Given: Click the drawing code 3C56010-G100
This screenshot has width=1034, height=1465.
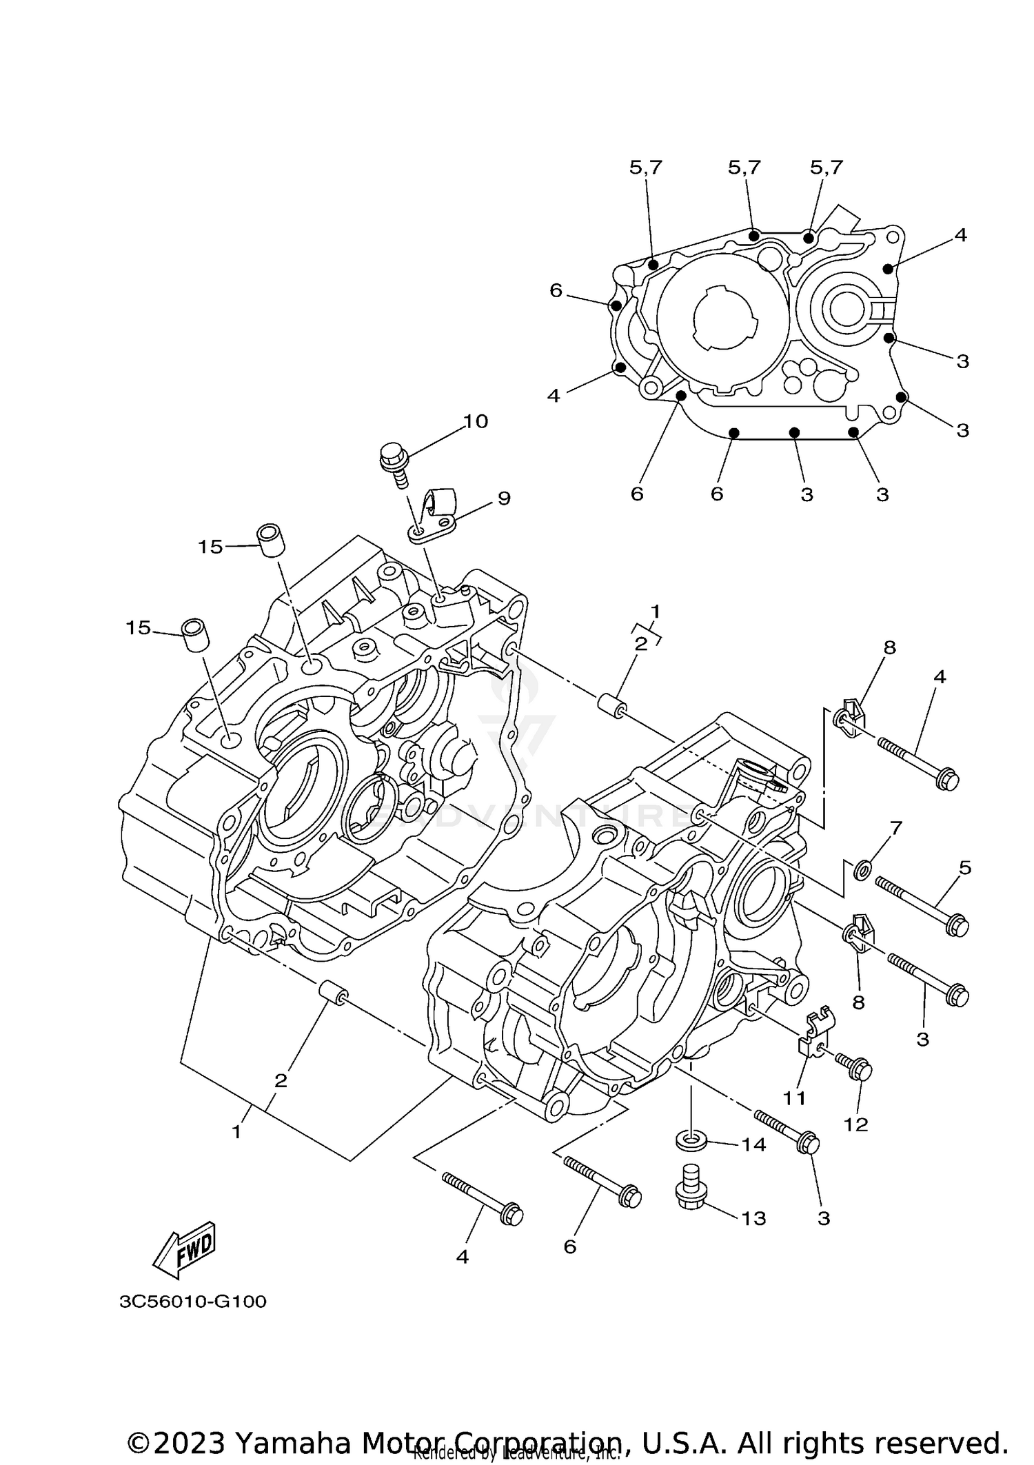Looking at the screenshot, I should tap(192, 1302).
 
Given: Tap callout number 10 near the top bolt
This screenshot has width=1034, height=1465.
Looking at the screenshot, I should tap(475, 421).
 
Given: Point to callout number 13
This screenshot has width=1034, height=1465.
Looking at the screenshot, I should tap(753, 1218).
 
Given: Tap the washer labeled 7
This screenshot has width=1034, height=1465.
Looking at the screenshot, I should tap(861, 871).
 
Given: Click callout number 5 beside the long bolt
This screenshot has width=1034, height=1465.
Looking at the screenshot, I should tap(965, 868).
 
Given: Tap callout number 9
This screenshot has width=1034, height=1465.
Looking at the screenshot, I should tap(504, 498).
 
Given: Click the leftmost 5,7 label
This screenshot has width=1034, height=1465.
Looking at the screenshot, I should tap(645, 168).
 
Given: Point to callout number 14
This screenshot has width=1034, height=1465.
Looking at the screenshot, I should tap(753, 1144).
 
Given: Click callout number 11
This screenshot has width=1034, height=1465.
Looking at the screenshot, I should tap(794, 1098).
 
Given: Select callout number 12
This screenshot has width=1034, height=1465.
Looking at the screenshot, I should tap(855, 1124).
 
